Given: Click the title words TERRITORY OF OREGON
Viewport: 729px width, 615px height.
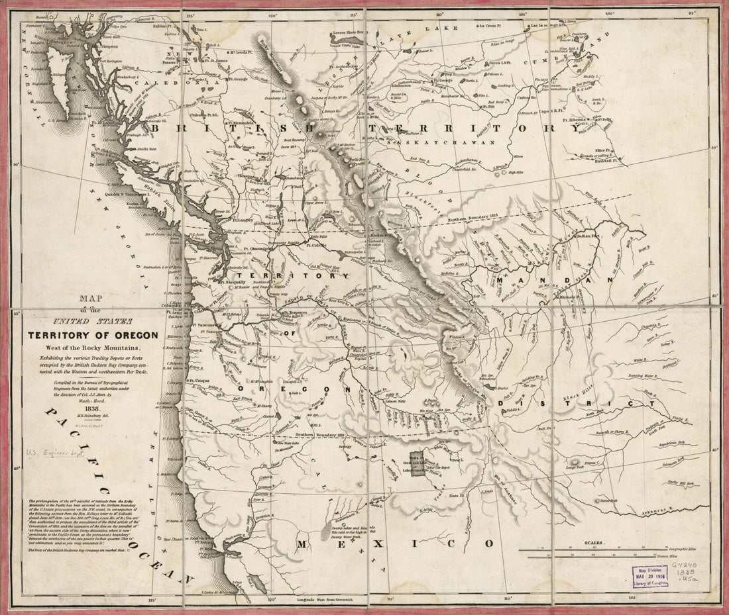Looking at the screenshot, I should tap(91, 334).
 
